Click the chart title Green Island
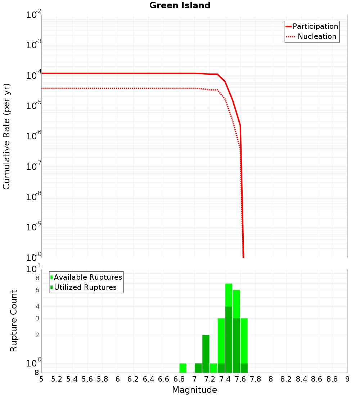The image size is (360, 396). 180,5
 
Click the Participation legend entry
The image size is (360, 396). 312,26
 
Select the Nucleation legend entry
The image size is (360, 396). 312,36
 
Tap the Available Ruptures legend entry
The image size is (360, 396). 86,277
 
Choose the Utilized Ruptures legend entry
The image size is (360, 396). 84,287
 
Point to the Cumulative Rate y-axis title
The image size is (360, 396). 6,136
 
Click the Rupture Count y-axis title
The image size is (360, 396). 14,321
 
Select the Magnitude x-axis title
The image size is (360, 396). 194,390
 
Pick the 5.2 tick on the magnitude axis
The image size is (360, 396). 57,379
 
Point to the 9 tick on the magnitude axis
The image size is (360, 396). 347,379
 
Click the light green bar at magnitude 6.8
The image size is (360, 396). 183,368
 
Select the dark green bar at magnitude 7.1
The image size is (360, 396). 206,354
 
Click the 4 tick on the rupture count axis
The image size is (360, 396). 37,306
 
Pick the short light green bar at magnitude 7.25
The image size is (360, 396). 213,368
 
